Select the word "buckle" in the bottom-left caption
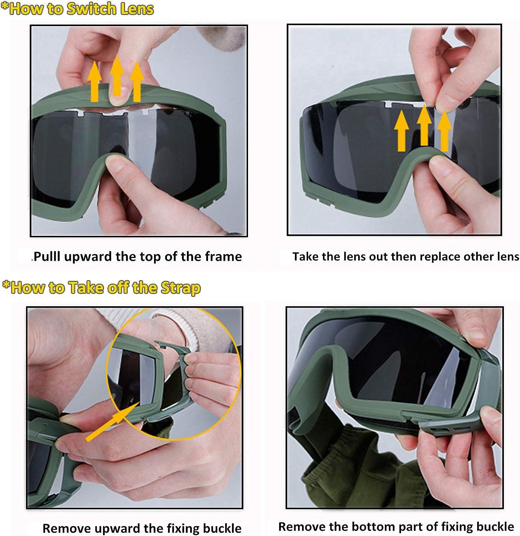point(222,528)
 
